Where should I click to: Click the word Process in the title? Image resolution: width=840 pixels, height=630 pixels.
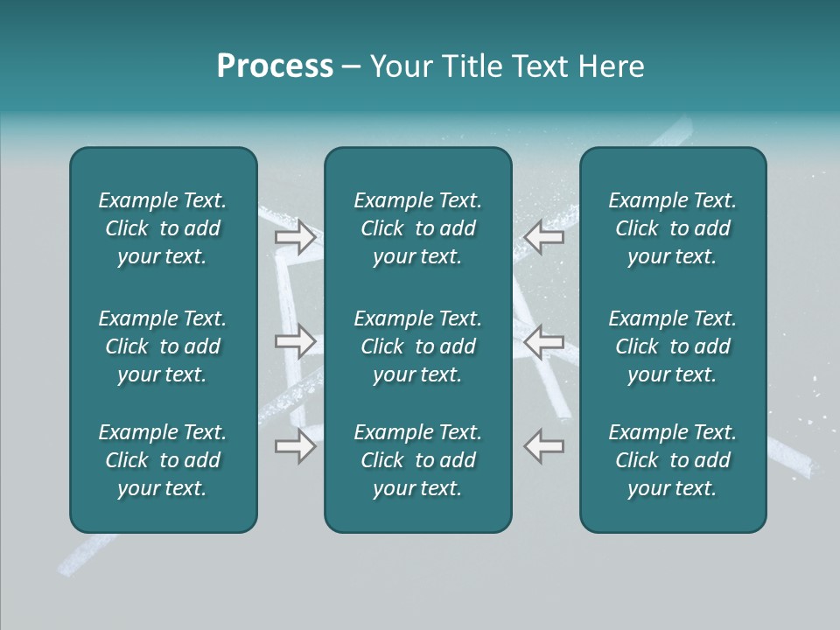(x=275, y=66)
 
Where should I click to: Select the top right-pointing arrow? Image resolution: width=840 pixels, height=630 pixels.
(x=295, y=237)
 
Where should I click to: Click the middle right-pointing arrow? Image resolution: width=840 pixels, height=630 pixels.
(x=295, y=341)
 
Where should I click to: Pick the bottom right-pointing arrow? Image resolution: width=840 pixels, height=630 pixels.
(x=295, y=445)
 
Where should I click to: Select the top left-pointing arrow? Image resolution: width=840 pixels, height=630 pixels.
(x=544, y=237)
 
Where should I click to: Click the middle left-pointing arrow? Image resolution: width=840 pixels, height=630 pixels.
(x=544, y=341)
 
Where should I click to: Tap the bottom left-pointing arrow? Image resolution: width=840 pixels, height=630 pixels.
(x=544, y=445)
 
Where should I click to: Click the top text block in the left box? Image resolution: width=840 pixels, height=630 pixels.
(x=163, y=228)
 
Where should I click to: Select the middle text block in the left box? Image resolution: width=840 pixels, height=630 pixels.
(x=163, y=346)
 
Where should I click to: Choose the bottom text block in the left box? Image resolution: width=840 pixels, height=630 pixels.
(x=163, y=460)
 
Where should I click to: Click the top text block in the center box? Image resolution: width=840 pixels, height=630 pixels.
(x=417, y=228)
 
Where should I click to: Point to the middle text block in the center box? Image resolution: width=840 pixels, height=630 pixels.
(x=417, y=346)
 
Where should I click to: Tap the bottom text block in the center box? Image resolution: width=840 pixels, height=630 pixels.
(x=417, y=460)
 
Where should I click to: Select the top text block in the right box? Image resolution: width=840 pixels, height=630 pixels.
(x=672, y=228)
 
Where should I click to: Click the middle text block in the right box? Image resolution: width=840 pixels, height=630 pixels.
(x=672, y=346)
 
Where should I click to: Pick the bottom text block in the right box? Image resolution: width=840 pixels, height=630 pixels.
(x=672, y=460)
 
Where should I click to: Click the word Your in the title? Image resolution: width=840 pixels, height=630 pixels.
(x=402, y=66)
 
